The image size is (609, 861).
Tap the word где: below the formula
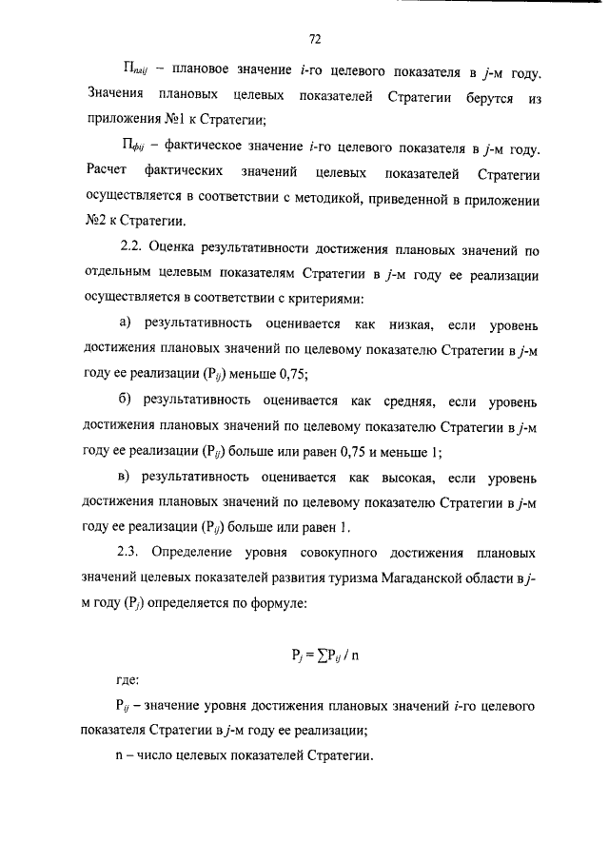[125, 681]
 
